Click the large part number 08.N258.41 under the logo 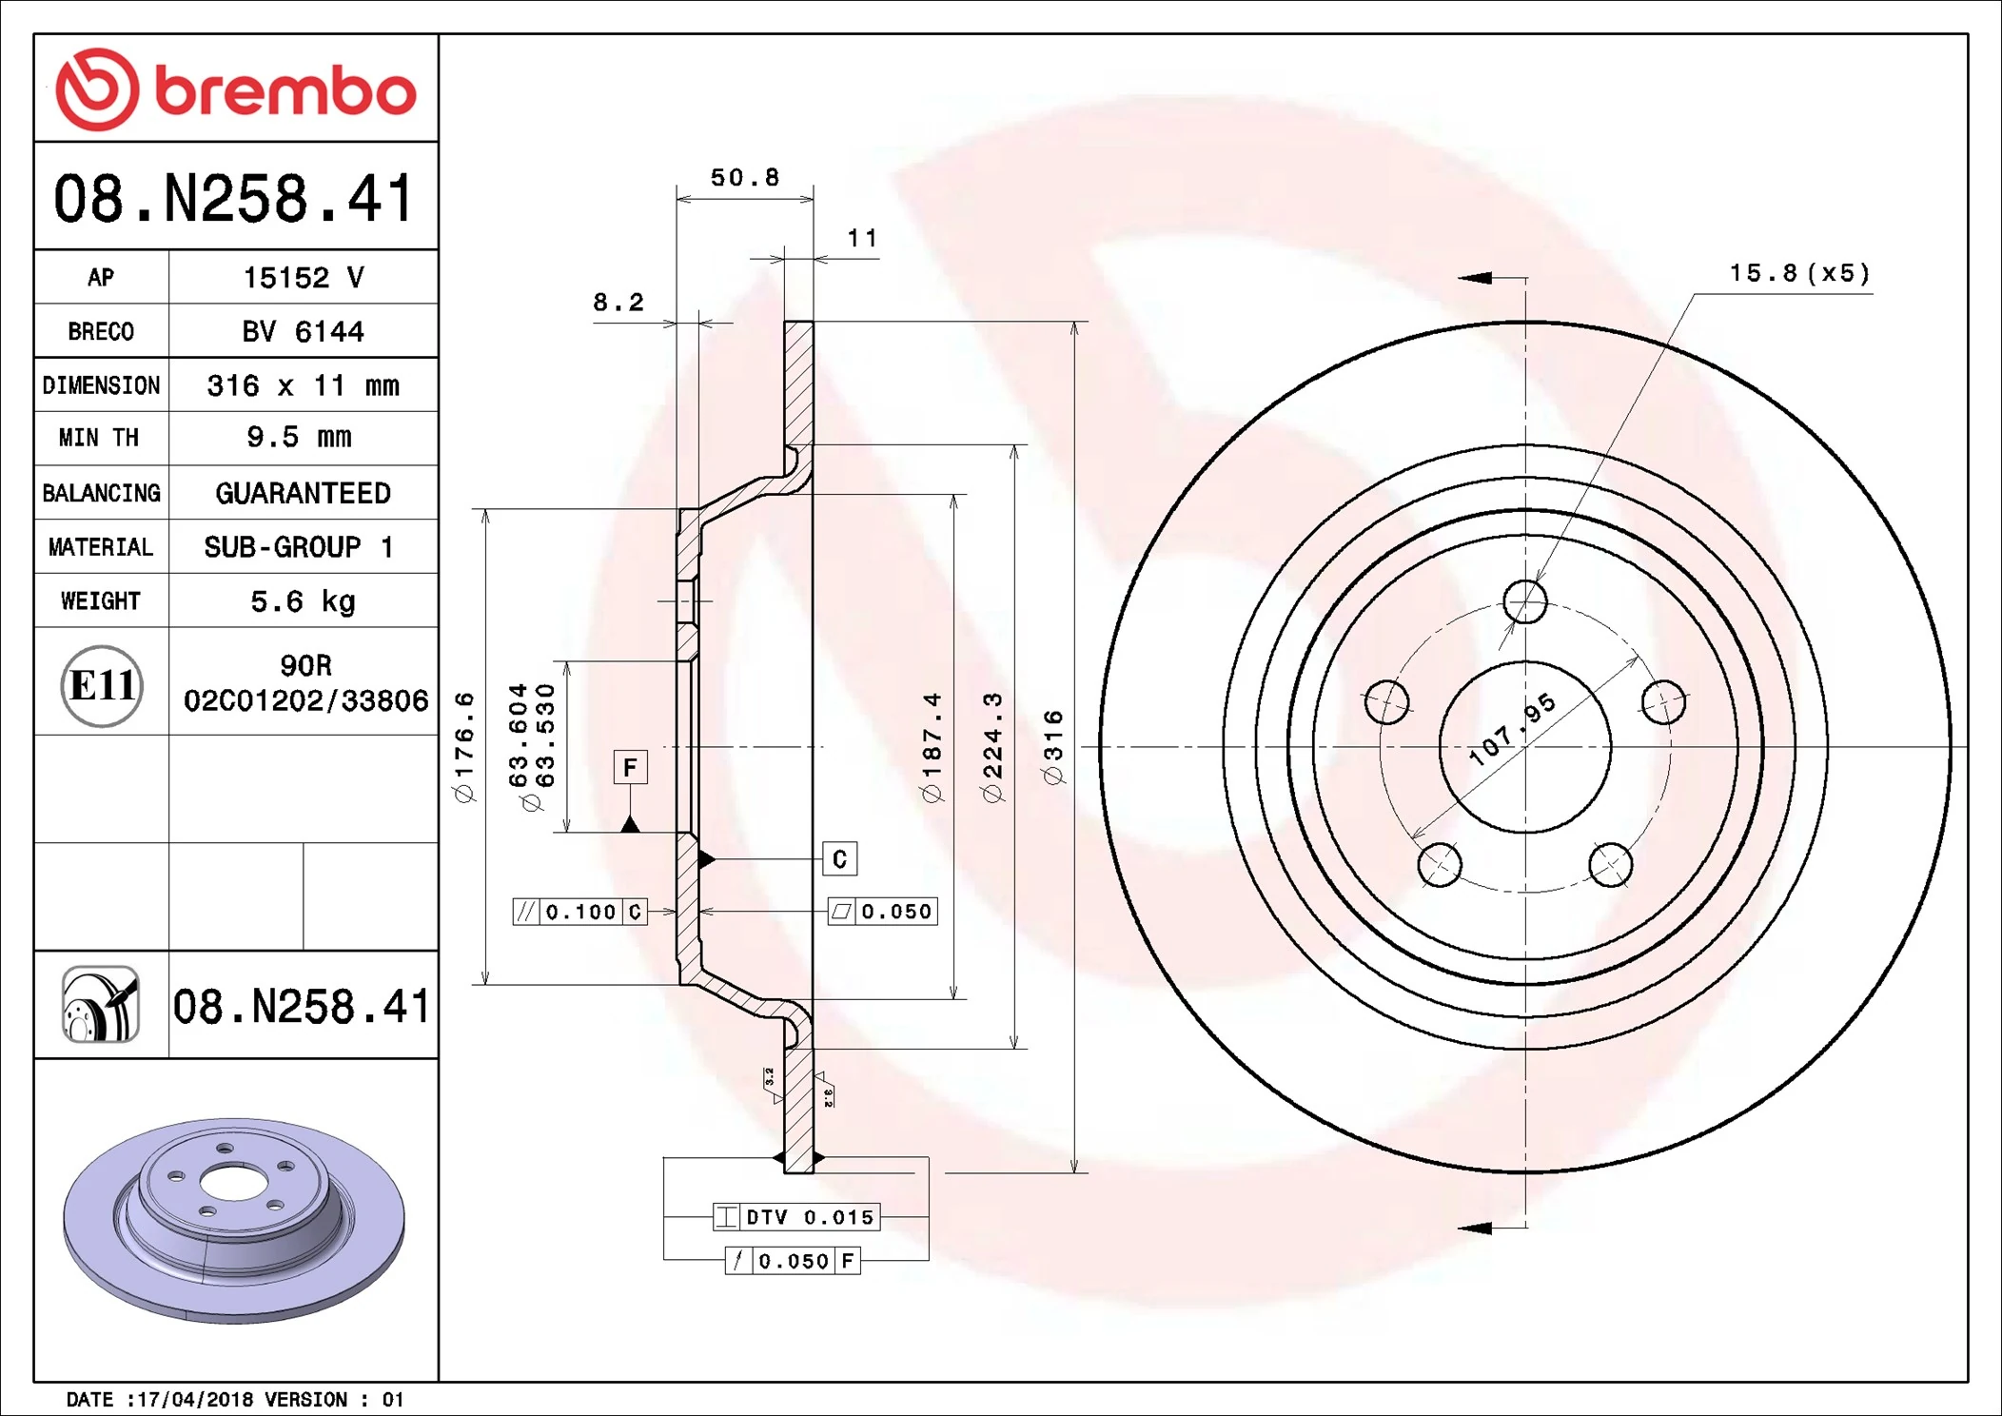[234, 199]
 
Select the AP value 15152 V [303, 278]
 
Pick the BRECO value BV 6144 [303, 331]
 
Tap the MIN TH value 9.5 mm [299, 438]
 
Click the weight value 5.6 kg [303, 601]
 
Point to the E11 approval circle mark [102, 686]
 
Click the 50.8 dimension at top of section [744, 178]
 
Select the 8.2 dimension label [618, 303]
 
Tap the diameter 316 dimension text [1053, 747]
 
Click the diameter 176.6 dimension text [464, 747]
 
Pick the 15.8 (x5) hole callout [1798, 274]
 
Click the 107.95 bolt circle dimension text [1512, 728]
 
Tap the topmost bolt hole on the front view [1525, 601]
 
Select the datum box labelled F [630, 767]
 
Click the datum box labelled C [839, 859]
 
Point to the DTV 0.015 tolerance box [797, 1217]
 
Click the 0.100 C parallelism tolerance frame [580, 912]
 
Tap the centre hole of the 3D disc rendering [233, 1184]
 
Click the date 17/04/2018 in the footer [195, 1400]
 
